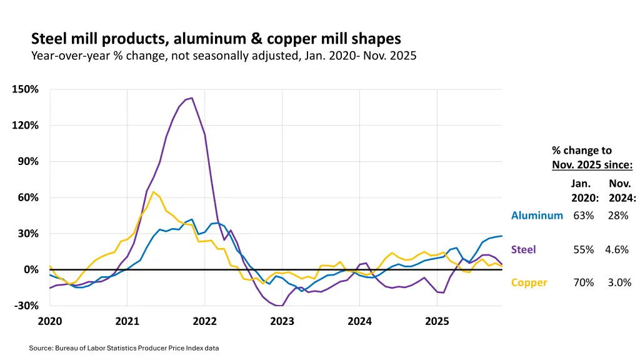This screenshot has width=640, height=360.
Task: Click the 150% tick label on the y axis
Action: (26, 89)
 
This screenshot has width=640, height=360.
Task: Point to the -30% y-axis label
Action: (26, 306)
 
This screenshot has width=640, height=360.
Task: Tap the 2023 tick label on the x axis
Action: (282, 321)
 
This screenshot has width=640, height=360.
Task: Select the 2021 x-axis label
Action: (127, 321)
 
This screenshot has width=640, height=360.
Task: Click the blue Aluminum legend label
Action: (537, 216)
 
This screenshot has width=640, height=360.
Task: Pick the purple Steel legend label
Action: (523, 249)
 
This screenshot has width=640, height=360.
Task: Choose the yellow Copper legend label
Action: (529, 282)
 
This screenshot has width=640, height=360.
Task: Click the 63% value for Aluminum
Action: (583, 216)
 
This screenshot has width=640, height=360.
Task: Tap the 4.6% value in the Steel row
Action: (617, 249)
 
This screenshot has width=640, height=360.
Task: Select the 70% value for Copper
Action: (583, 282)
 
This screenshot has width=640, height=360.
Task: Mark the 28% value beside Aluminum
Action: (617, 216)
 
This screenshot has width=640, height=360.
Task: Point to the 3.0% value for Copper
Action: (619, 282)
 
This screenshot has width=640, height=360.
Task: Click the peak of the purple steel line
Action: (191, 98)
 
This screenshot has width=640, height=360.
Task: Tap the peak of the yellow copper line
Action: (153, 192)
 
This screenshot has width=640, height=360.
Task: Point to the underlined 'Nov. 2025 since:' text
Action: (592, 165)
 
